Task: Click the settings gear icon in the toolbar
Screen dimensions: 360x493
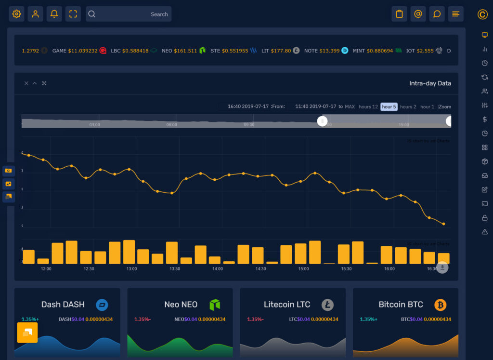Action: (16, 14)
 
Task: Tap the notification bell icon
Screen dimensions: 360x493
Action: (54, 14)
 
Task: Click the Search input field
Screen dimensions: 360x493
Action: (129, 14)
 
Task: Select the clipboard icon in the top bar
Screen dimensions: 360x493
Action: (399, 14)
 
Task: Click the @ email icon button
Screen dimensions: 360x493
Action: (418, 14)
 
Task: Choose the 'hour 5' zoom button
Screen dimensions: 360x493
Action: (389, 107)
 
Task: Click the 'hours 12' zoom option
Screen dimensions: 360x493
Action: (368, 107)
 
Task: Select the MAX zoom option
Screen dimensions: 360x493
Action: (350, 107)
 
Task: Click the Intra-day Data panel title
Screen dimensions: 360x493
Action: (430, 83)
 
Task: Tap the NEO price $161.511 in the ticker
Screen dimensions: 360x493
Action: (185, 51)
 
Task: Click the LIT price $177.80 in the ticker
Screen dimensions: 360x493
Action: (281, 51)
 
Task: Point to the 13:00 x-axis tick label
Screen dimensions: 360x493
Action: (131, 269)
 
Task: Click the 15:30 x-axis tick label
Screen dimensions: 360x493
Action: (346, 269)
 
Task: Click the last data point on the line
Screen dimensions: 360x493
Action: (443, 224)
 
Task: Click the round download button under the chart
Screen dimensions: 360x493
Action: (442, 267)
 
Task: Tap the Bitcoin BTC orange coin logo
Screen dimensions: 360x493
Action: (440, 305)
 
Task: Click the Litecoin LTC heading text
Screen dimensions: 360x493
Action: (287, 305)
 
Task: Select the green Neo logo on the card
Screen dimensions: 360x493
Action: (214, 305)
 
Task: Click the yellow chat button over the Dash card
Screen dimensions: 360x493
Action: (27, 333)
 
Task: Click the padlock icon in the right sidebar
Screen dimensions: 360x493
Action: (484, 218)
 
